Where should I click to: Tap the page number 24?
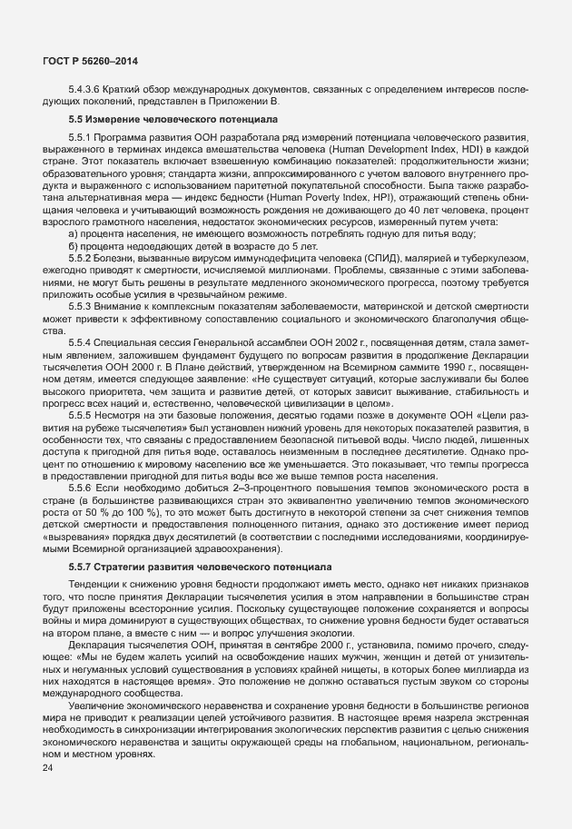pos(48,769)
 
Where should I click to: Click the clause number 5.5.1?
pos(82,136)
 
